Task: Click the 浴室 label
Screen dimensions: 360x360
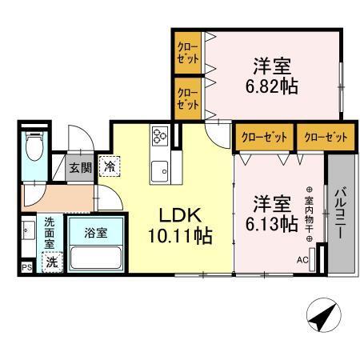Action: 94,233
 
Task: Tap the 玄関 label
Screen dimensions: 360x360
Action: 80,168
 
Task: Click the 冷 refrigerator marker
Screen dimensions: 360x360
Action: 108,166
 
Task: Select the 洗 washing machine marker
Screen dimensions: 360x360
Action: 51,261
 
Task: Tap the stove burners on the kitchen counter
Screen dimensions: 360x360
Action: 158,137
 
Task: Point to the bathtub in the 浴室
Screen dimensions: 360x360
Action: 94,258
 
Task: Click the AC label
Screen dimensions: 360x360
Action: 302,259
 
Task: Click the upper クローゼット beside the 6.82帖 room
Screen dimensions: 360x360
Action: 188,54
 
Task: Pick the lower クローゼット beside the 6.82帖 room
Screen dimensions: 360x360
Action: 188,98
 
